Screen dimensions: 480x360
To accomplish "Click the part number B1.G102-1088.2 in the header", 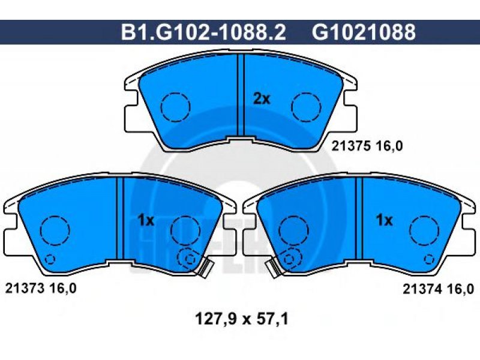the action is (x=203, y=32).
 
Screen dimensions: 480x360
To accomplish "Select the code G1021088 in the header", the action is (x=364, y=32).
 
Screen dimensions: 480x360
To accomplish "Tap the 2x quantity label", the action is (x=262, y=99).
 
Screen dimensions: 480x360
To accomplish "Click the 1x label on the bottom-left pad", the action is (x=146, y=220).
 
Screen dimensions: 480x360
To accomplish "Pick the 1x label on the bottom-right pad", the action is (x=384, y=220).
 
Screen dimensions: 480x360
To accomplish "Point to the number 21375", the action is (x=351, y=146).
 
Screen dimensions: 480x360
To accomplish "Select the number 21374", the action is (x=422, y=289).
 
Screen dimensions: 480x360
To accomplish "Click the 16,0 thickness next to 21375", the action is (x=389, y=146).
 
